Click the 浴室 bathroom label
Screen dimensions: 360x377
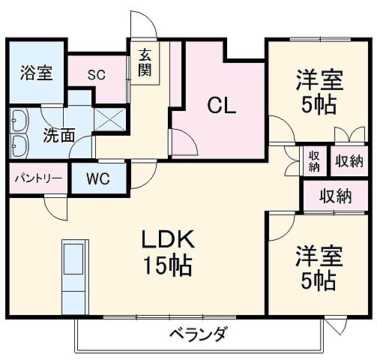[x=35, y=74]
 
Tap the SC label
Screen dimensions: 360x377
[x=96, y=74]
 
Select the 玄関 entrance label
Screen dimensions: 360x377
[x=144, y=63]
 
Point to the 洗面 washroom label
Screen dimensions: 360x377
[x=58, y=136]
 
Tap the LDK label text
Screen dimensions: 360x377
[x=170, y=241]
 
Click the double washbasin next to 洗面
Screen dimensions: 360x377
[x=19, y=131]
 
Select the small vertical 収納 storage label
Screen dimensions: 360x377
[x=314, y=161]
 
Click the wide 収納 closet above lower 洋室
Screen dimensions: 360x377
[x=336, y=196]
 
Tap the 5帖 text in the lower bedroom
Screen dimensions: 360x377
[x=319, y=280]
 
